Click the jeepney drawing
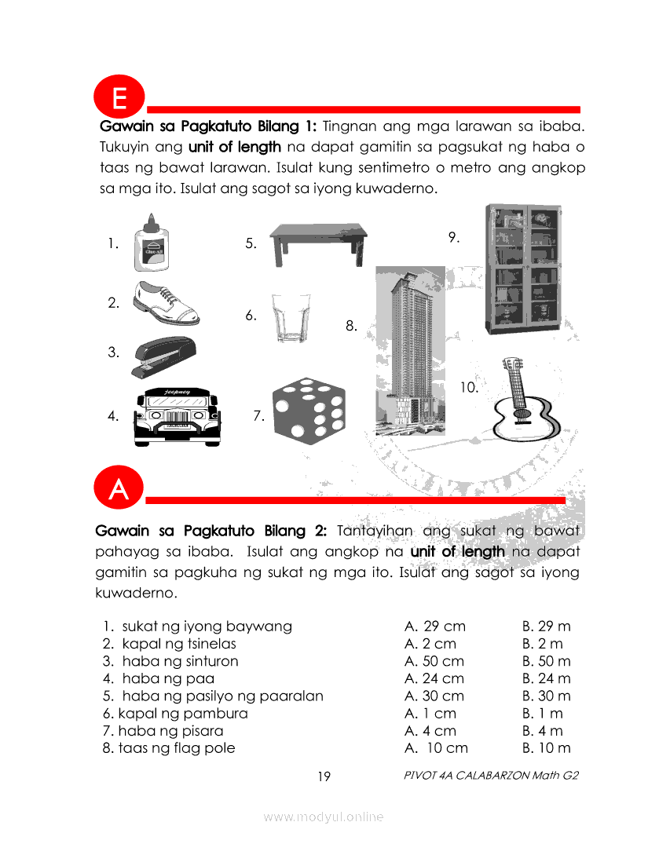[x=176, y=417]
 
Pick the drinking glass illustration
[x=289, y=316]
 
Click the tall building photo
[x=410, y=350]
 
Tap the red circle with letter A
[x=119, y=488]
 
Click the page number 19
[x=324, y=776]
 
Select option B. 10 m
[x=546, y=748]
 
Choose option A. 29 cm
[x=434, y=627]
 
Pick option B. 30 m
[x=546, y=696]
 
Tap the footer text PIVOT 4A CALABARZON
[x=491, y=776]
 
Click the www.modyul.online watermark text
[x=324, y=817]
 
